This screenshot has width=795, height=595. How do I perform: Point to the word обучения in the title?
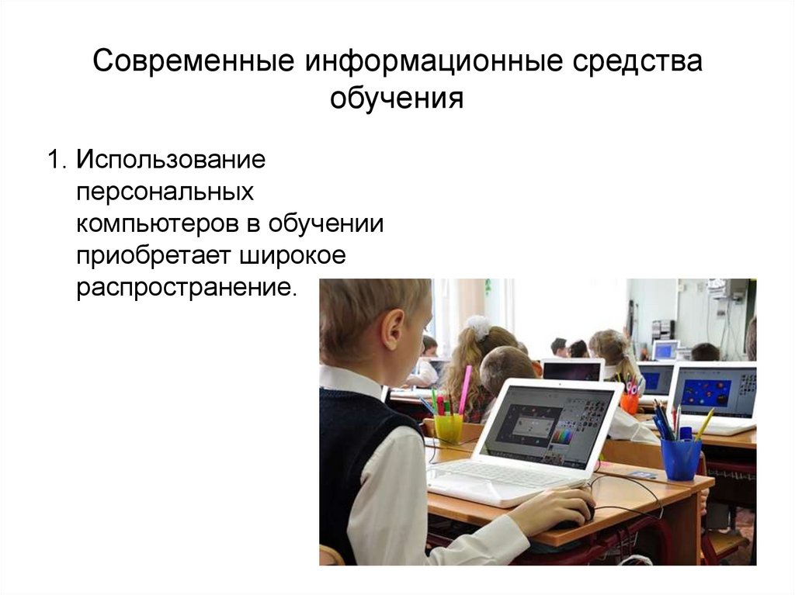(x=397, y=100)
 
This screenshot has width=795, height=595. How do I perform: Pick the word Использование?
(x=171, y=162)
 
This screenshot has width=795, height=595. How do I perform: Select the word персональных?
(x=165, y=194)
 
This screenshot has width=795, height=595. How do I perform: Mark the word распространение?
(x=186, y=289)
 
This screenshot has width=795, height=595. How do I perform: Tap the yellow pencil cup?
(x=448, y=427)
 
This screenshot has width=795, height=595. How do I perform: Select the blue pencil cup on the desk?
(x=681, y=458)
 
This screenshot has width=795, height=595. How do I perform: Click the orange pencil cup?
(x=630, y=403)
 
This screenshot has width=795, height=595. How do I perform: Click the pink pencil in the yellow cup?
(x=464, y=389)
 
